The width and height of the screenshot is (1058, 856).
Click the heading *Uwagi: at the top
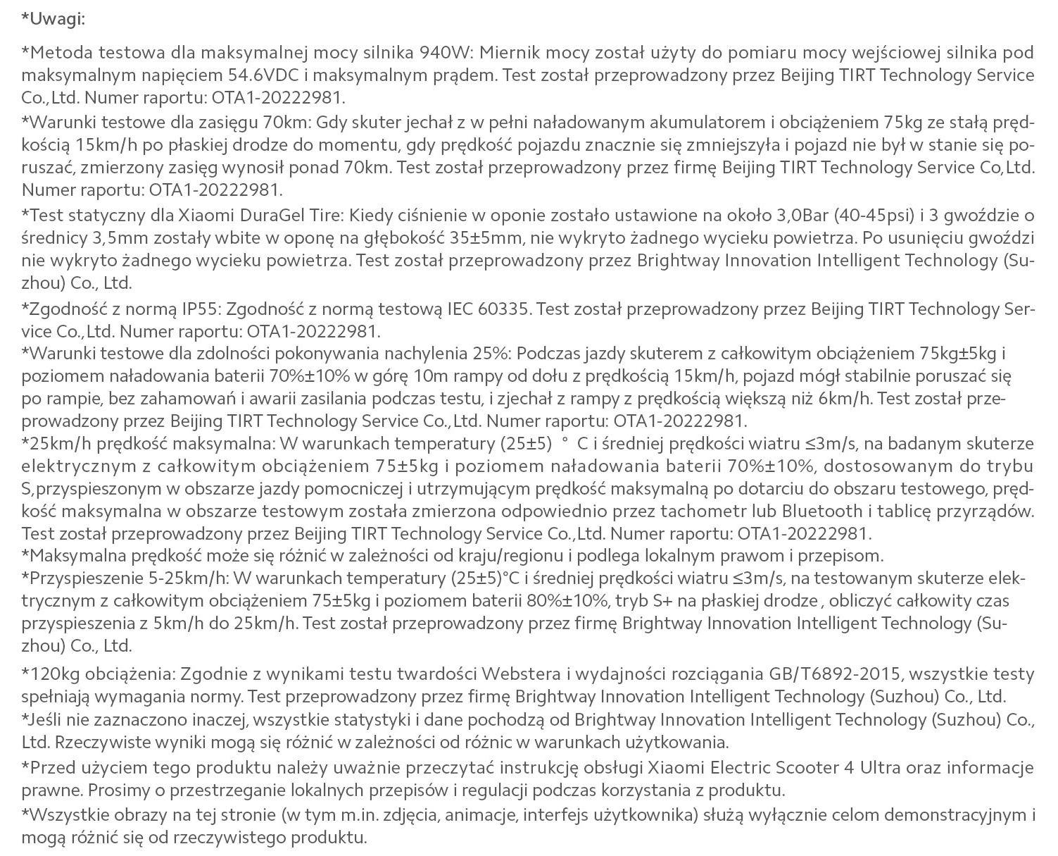53,19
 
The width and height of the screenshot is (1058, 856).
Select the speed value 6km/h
845,399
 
